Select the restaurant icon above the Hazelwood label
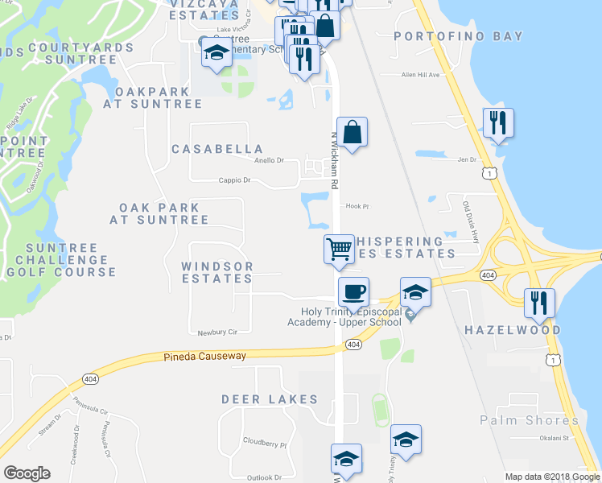coord(537,302)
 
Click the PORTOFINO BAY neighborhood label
coord(459,36)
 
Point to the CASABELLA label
coord(217,149)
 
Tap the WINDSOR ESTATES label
coord(216,272)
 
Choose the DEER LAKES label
coord(270,399)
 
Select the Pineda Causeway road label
coord(204,356)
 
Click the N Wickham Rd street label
coord(334,161)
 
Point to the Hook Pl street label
coord(357,206)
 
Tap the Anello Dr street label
coord(270,160)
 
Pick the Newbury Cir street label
coord(217,332)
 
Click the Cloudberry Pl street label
coord(265,444)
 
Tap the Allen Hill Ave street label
coord(421,75)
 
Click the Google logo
coord(27,473)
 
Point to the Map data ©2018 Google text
coord(552,477)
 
